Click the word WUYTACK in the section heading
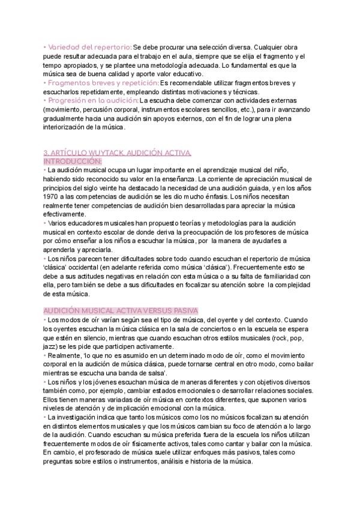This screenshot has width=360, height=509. (x=97, y=154)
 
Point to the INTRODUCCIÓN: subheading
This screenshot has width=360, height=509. (x=73, y=161)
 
